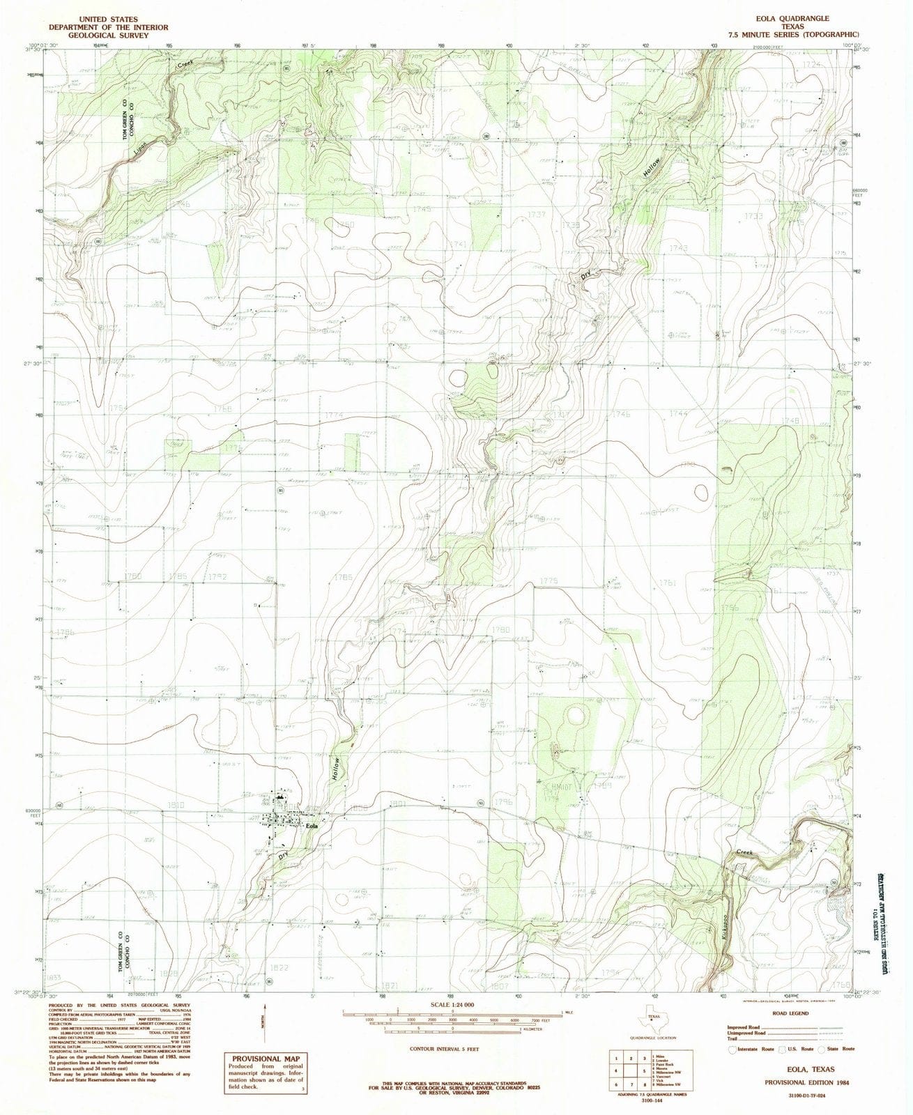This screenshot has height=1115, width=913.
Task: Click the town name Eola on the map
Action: pyautogui.click(x=312, y=826)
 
